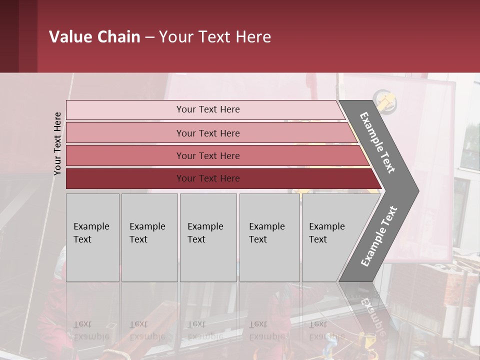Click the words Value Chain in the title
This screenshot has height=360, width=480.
[x=94, y=37]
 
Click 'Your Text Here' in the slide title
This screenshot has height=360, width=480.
[x=215, y=37]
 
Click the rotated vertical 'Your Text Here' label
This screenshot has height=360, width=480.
[x=57, y=143]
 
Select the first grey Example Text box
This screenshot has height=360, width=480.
[x=92, y=237]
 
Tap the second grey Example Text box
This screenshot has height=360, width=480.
[x=149, y=237]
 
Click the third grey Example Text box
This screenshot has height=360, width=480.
[x=208, y=237]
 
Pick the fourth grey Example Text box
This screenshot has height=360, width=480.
[x=269, y=237]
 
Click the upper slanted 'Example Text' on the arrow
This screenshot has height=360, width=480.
[x=377, y=142]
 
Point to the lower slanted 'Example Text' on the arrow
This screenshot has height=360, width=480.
[x=378, y=236]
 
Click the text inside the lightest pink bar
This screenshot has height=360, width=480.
[x=208, y=109]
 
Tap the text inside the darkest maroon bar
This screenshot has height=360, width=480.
[x=208, y=178]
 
